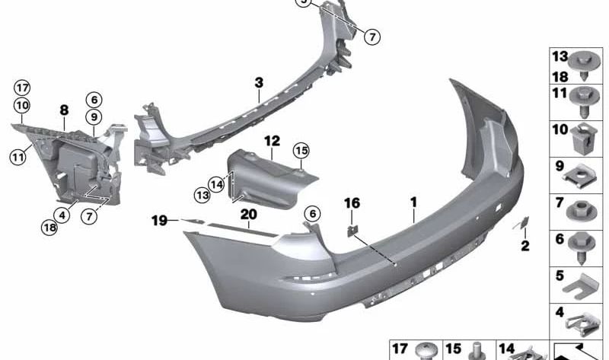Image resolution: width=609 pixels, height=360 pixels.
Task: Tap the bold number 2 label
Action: pyautogui.click(x=525, y=245)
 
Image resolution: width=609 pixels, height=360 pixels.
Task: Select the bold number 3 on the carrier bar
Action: pyautogui.click(x=259, y=81)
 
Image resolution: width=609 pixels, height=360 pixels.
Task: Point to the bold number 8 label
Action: pyautogui.click(x=64, y=110)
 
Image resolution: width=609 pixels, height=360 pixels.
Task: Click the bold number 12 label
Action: pyautogui.click(x=273, y=141)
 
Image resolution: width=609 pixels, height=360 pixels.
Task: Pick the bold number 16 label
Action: pyautogui.click(x=351, y=203)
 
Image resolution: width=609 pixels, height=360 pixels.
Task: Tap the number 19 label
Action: pyautogui.click(x=158, y=221)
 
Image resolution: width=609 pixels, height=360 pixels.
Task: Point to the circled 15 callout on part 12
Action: pyautogui.click(x=301, y=151)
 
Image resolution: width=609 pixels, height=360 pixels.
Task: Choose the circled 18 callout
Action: pyautogui.click(x=50, y=226)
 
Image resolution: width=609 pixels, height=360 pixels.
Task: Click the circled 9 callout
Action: pyautogui.click(x=94, y=117)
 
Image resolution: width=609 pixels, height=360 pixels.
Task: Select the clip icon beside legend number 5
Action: pyautogui.click(x=580, y=283)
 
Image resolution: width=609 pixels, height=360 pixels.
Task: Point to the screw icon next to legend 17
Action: pyautogui.click(x=426, y=351)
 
